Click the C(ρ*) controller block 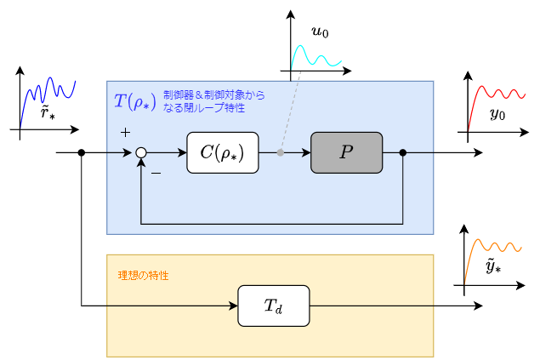coord(222,153)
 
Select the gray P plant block coord(346,153)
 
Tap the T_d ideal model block coord(273,306)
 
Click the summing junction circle coord(141,153)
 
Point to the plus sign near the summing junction coord(125,133)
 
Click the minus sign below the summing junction coord(156,174)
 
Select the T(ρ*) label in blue coord(134,101)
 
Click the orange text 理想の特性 coord(143,277)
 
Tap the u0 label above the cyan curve coord(320,32)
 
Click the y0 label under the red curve coord(497,114)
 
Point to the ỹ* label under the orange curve coord(492,267)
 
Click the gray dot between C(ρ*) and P coord(281,153)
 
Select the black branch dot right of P coord(402,153)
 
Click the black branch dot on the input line coord(82,153)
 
